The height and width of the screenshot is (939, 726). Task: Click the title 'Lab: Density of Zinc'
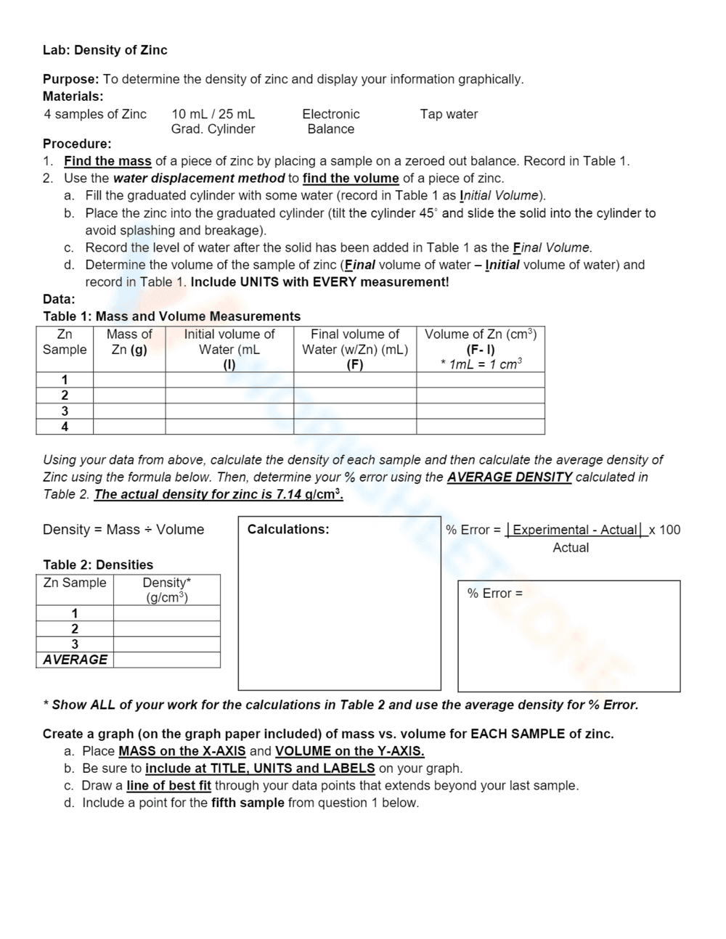coord(105,50)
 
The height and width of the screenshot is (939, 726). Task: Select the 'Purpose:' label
coord(70,79)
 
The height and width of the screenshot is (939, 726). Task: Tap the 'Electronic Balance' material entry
coord(330,121)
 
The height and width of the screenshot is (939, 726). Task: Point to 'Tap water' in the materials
coord(449,114)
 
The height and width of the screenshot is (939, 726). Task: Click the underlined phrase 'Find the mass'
coord(107,161)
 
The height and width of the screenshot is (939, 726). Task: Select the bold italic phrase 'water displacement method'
coord(199,179)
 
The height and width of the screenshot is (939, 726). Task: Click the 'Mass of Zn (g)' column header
coord(129,342)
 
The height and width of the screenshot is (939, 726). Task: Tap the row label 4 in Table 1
coord(65,427)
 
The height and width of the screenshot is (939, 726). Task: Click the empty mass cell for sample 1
coord(129,380)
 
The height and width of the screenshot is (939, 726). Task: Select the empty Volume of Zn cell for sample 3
coord(480,411)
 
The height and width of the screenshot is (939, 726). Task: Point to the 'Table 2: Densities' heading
coord(98,565)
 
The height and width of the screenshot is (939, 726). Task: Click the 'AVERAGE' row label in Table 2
coord(75,660)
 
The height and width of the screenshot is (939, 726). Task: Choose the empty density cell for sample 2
coord(166,628)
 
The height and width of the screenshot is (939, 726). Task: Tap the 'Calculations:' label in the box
coord(288,529)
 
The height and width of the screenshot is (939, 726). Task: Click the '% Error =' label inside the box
coord(494,594)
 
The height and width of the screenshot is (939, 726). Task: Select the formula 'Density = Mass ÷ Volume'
coord(123,530)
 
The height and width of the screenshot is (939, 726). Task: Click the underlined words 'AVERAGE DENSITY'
coord(509,477)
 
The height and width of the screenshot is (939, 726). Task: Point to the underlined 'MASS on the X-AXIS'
coord(181,751)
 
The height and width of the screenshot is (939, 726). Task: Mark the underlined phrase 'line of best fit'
coord(168,785)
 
